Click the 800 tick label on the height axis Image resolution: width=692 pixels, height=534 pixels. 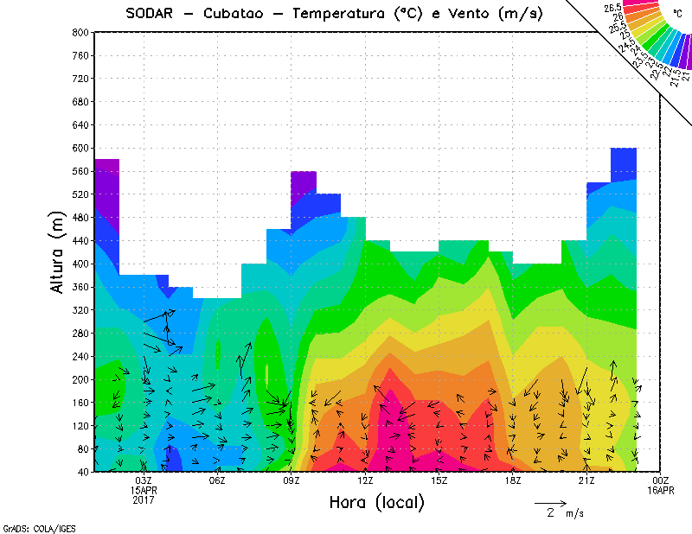click(80, 32)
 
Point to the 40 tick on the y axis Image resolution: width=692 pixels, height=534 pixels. click(82, 472)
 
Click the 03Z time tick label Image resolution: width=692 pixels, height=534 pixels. click(144, 480)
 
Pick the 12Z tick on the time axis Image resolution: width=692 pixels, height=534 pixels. click(366, 480)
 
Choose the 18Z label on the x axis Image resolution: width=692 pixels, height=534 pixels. click(513, 480)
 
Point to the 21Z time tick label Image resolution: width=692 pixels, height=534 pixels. click(586, 480)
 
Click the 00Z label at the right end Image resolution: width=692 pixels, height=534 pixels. click(661, 480)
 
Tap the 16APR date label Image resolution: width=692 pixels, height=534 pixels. click(661, 490)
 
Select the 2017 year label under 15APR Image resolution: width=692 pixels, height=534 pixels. click(144, 499)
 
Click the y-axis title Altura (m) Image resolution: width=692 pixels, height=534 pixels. click(57, 251)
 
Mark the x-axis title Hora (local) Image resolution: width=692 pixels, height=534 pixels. click(375, 503)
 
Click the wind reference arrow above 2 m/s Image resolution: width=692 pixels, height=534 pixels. click(550, 501)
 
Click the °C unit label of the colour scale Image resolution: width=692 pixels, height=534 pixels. click(676, 13)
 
